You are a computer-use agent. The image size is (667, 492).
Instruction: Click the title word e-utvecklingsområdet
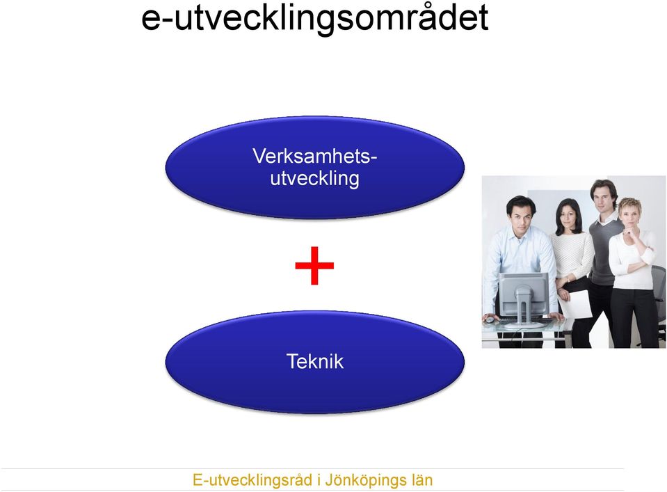[x=315, y=18]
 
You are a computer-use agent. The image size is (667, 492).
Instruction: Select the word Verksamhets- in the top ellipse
[x=315, y=156]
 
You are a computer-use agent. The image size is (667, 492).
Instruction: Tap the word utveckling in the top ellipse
[x=315, y=178]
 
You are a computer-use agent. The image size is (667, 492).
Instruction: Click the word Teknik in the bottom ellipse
[x=315, y=361]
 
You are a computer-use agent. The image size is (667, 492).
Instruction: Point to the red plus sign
[x=314, y=266]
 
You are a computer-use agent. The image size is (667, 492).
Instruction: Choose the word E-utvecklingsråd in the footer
[x=252, y=480]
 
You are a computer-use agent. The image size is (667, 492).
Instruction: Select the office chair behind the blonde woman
[x=659, y=298]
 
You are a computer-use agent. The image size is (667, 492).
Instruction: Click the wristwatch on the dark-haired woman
[x=568, y=279]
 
